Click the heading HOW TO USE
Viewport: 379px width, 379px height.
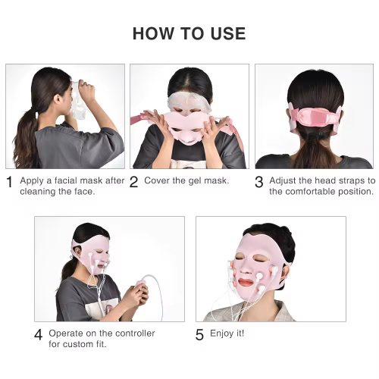(x=189, y=33)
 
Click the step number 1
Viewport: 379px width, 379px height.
(x=9, y=182)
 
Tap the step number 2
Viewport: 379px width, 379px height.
(x=133, y=182)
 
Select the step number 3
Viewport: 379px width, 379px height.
(x=259, y=182)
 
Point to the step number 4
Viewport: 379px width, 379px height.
(x=38, y=335)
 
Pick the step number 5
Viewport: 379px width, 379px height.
(x=199, y=335)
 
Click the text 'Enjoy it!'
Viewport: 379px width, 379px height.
(x=227, y=334)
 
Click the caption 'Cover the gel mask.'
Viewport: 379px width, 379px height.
(x=186, y=180)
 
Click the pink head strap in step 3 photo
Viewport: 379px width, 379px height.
(x=315, y=118)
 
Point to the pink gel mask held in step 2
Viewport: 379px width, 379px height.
(x=188, y=127)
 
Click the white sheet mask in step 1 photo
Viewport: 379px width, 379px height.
(x=77, y=101)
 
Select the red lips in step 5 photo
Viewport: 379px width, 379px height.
(x=248, y=281)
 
